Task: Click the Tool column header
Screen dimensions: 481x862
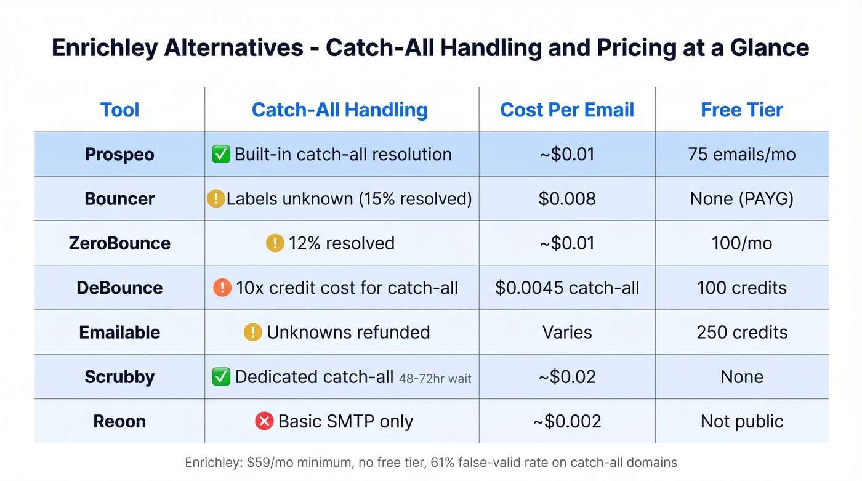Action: pyautogui.click(x=119, y=110)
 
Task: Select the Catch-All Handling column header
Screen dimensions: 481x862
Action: pyautogui.click(x=339, y=110)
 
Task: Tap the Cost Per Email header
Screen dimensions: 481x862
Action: pyautogui.click(x=566, y=110)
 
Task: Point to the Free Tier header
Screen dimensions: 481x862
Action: pyautogui.click(x=741, y=110)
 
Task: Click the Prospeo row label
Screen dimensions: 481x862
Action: pyautogui.click(x=119, y=154)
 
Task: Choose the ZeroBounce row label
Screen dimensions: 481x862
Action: pyautogui.click(x=119, y=243)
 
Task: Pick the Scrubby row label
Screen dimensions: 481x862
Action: pyautogui.click(x=119, y=377)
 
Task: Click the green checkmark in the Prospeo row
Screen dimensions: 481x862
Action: pyautogui.click(x=220, y=154)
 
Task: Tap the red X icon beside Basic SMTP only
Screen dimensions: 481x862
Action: pyautogui.click(x=264, y=421)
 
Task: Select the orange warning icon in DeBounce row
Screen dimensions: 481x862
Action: pyautogui.click(x=222, y=288)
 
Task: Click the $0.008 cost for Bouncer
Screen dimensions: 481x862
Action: pyautogui.click(x=566, y=199)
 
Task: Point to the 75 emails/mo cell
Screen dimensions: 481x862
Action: pyautogui.click(x=741, y=154)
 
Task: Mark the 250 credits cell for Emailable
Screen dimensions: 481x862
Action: pyautogui.click(x=741, y=333)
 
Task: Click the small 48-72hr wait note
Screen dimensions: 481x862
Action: pyautogui.click(x=435, y=379)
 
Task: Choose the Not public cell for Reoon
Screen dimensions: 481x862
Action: pyautogui.click(x=741, y=421)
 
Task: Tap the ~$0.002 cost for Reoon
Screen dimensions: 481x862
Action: pyautogui.click(x=566, y=421)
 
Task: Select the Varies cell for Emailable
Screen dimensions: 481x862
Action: pyautogui.click(x=566, y=333)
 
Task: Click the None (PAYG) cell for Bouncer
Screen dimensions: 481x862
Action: pyautogui.click(x=741, y=199)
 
